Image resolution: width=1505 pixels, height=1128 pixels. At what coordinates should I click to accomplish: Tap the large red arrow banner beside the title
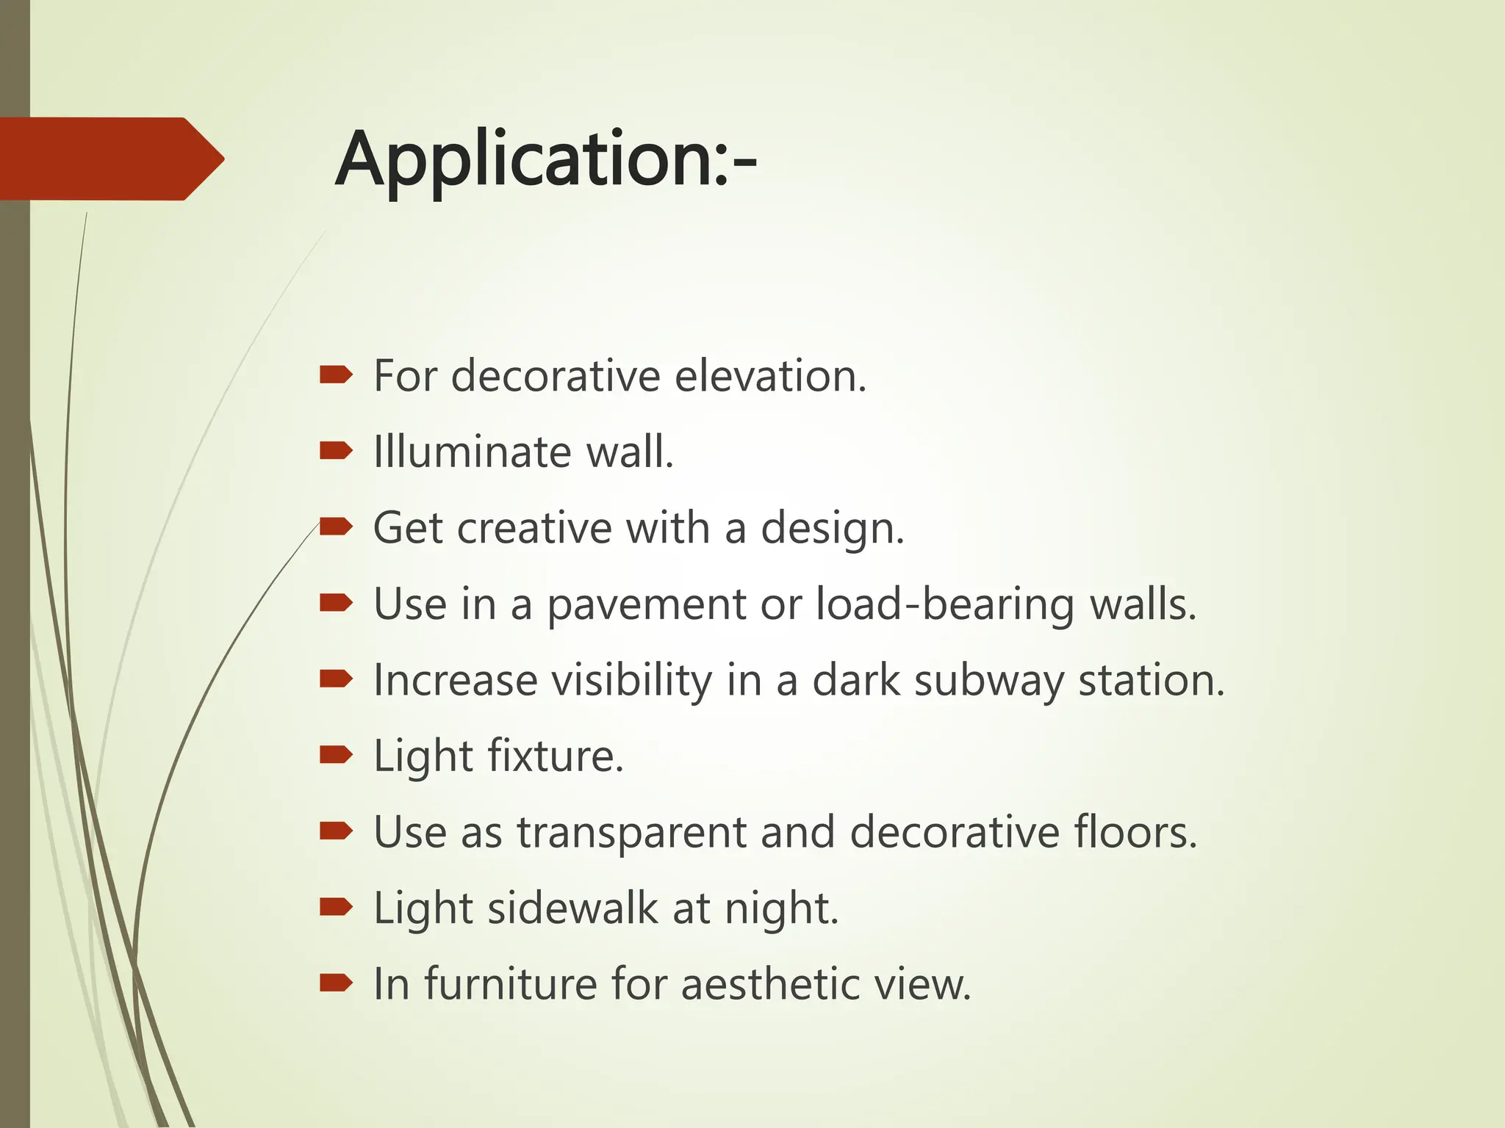[110, 159]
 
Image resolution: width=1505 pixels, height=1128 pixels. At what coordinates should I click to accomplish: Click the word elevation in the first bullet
[770, 376]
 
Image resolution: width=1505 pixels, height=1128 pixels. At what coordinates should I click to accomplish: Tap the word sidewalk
[572, 908]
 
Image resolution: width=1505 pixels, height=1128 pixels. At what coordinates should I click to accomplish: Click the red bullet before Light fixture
[337, 754]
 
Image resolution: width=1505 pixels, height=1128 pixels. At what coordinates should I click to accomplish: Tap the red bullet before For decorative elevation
[337, 376]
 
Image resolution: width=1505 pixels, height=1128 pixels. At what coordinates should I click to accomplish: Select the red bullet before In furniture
[337, 983]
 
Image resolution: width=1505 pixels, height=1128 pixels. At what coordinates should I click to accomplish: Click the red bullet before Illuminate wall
[337, 451]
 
